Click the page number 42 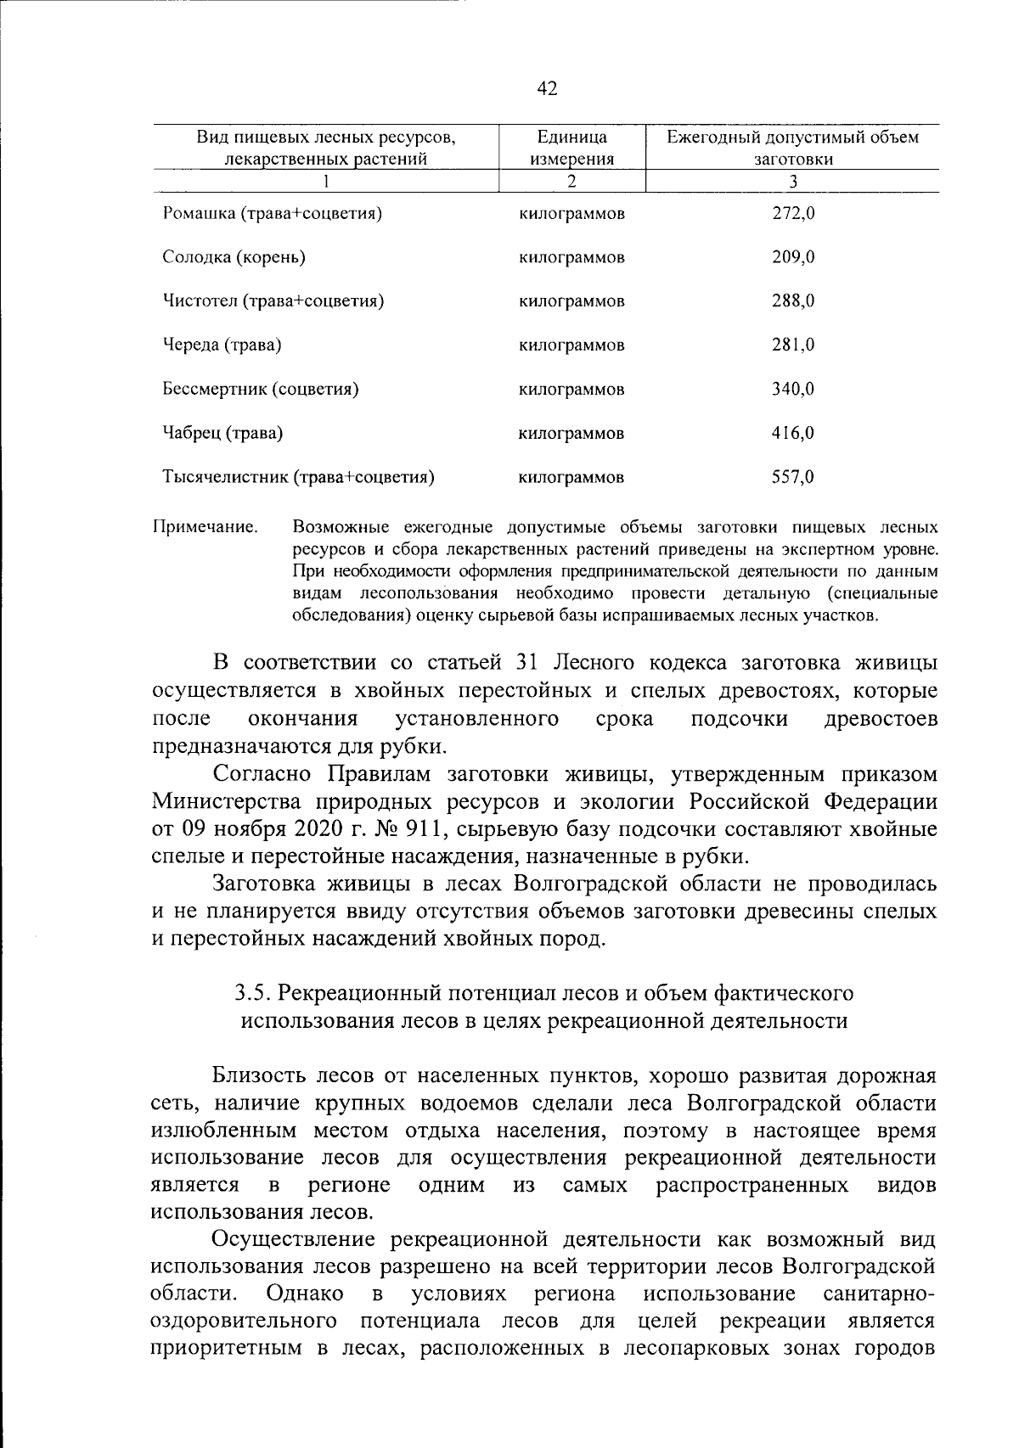[x=548, y=88]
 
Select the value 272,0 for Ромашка [x=793, y=213]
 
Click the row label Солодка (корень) [x=234, y=257]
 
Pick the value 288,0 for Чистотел [x=793, y=300]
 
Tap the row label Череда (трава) [x=222, y=345]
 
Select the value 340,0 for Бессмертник [x=793, y=389]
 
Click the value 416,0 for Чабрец [x=793, y=433]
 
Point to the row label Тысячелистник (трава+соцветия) [x=298, y=477]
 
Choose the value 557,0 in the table [x=793, y=477]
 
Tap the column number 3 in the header [x=793, y=181]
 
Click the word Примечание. [x=205, y=528]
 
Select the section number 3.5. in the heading [x=252, y=992]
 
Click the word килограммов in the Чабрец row [x=571, y=433]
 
